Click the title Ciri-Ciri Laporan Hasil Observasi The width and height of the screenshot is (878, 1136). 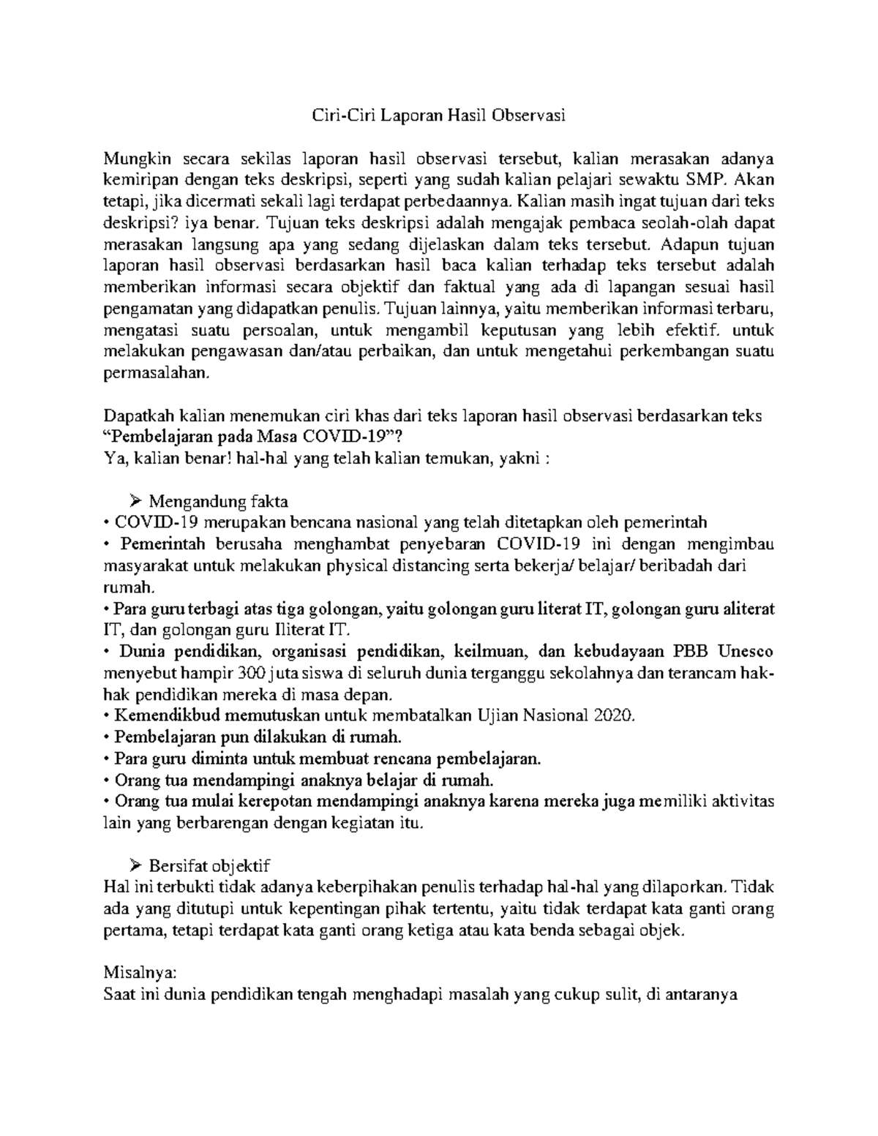pos(439,115)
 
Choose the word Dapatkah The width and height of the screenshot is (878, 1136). pos(135,415)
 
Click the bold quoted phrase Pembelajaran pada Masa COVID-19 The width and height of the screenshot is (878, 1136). pos(252,437)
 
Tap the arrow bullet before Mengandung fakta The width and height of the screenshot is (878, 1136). pos(135,501)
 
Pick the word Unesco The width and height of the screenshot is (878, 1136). pos(746,651)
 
